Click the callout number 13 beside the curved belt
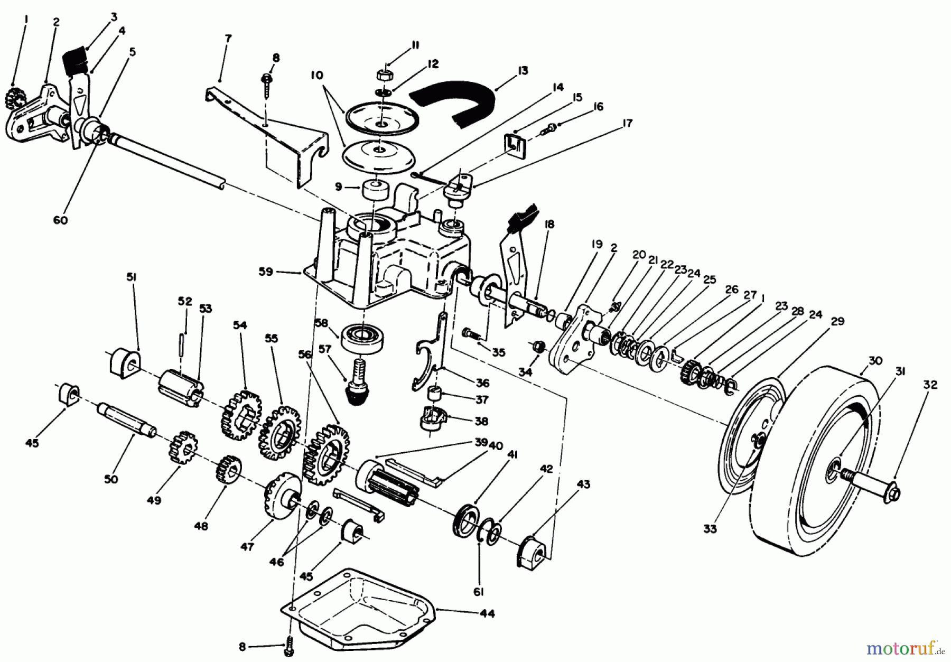523,70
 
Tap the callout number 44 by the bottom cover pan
487,613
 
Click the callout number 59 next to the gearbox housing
266,272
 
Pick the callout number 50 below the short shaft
111,479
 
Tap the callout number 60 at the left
61,220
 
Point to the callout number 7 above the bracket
228,39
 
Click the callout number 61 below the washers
479,592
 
